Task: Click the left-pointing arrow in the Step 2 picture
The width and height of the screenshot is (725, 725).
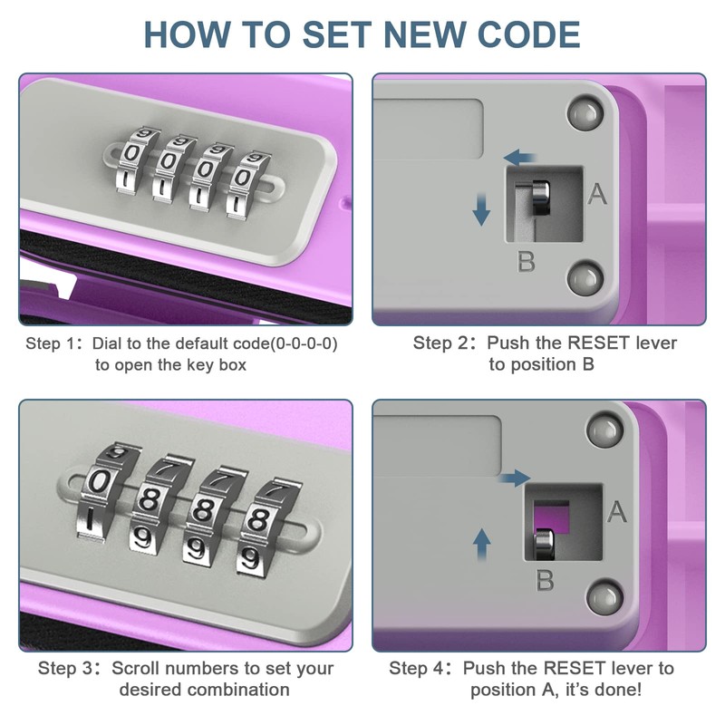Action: pyautogui.click(x=519, y=157)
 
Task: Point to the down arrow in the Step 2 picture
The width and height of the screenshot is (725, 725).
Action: pyautogui.click(x=481, y=209)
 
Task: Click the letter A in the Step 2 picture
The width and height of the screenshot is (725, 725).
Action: pyautogui.click(x=597, y=194)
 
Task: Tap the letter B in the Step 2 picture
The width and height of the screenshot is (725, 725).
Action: pyautogui.click(x=526, y=261)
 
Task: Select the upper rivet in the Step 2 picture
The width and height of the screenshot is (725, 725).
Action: pyautogui.click(x=585, y=113)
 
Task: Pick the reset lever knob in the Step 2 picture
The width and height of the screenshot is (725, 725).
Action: pyautogui.click(x=540, y=198)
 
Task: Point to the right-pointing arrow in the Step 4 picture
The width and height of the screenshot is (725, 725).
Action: pyautogui.click(x=515, y=478)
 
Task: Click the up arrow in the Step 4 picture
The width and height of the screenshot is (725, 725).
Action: pyautogui.click(x=482, y=545)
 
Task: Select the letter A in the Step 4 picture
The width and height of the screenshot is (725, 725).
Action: pyautogui.click(x=616, y=512)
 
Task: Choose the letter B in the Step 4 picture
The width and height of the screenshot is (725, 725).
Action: pyautogui.click(x=545, y=580)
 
